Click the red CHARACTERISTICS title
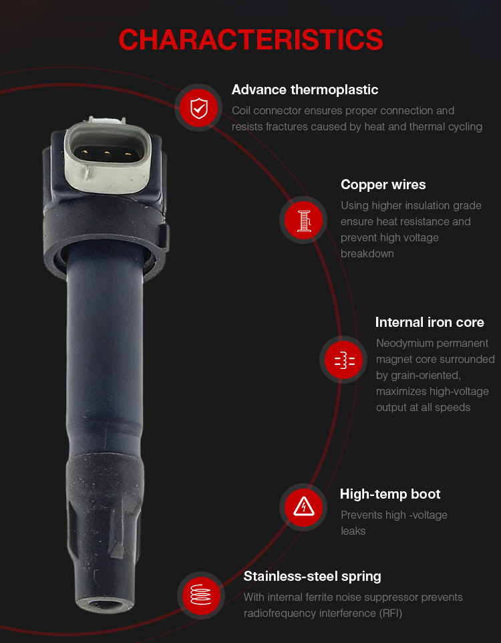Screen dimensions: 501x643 [251, 40]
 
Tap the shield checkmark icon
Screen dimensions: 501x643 [199, 108]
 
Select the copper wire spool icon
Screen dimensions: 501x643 [303, 220]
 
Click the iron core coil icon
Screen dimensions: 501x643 [343, 360]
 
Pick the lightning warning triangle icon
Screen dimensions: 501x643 [303, 507]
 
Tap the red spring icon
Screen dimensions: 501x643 [201, 595]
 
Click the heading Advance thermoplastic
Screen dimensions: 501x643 [305, 90]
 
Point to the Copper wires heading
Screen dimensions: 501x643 [383, 184]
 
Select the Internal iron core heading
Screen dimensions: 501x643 [430, 322]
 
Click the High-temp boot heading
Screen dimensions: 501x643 [390, 494]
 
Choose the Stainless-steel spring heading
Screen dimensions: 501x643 [312, 576]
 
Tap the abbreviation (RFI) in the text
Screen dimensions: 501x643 [390, 613]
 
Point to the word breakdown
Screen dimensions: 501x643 [367, 254]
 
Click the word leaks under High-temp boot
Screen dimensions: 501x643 [353, 531]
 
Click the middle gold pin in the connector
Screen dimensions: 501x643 [107, 154]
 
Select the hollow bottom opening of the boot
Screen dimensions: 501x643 [105, 605]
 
